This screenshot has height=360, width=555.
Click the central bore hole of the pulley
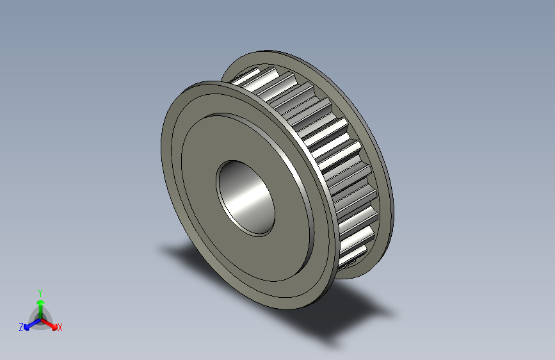(246, 197)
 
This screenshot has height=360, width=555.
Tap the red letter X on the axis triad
(60, 327)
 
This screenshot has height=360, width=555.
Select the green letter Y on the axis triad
(40, 291)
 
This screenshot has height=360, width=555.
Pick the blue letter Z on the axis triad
(21, 327)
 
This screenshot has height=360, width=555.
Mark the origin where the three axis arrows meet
(40, 318)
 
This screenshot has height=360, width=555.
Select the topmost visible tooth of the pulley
(246, 76)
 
